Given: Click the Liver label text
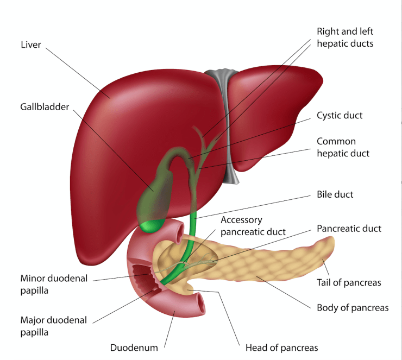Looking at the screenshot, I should [30, 45].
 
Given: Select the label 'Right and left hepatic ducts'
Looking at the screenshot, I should [345, 37].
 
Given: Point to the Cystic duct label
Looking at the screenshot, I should [340, 116].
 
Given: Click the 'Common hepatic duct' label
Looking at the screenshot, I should [343, 147].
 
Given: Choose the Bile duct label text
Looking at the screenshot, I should [335, 194].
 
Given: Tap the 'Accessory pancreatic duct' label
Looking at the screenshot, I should [253, 226].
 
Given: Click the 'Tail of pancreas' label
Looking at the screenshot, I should [349, 282].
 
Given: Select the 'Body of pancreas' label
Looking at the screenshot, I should [353, 308].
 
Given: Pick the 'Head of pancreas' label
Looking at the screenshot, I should [281, 348].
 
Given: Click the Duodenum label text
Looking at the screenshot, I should [134, 348].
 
